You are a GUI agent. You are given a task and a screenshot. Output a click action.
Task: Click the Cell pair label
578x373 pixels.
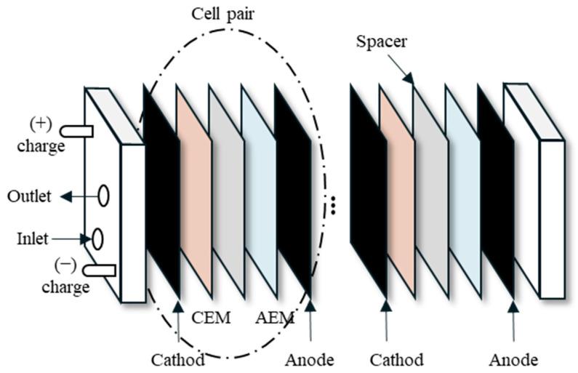tap(223, 14)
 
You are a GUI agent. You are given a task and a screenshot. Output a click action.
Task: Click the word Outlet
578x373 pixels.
tap(28, 196)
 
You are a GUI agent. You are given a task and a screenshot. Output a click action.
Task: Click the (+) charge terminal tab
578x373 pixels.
tap(76, 131)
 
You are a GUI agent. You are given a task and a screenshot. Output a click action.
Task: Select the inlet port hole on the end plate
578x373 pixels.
tap(96, 238)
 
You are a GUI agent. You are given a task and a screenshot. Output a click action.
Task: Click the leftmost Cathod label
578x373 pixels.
tap(177, 359)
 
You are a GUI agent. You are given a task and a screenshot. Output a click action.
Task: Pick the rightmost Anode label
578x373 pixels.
tap(513, 359)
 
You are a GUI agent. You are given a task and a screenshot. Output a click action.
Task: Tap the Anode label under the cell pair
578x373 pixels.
tap(310, 359)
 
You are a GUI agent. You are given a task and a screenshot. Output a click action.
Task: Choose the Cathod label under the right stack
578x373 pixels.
tap(396, 359)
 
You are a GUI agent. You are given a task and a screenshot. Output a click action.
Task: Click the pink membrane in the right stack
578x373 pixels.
tap(397, 193)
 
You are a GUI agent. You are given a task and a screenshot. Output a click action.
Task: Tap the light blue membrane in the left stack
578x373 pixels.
tap(258, 193)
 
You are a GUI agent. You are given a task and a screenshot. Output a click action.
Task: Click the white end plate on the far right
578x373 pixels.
tap(551, 218)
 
